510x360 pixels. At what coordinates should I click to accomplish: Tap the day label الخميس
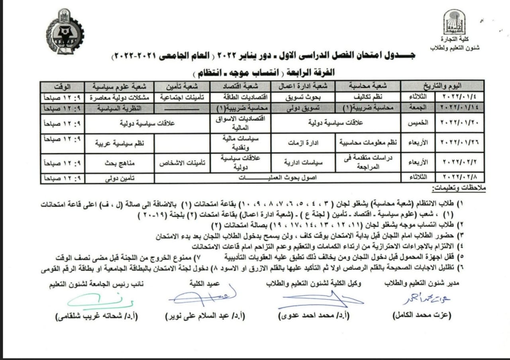coord(418,123)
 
